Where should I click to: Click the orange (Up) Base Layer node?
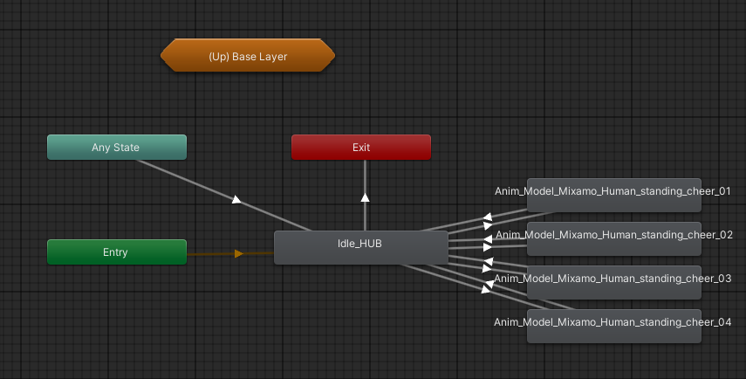pyautogui.click(x=248, y=57)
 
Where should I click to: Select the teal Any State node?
pyautogui.click(x=116, y=148)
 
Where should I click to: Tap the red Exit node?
pyautogui.click(x=360, y=148)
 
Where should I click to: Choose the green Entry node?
pyautogui.click(x=116, y=252)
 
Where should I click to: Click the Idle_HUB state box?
pyautogui.click(x=360, y=246)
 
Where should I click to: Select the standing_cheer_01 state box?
pyautogui.click(x=613, y=195)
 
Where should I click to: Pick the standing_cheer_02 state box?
pyautogui.click(x=613, y=238)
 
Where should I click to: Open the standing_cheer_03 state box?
pyautogui.click(x=613, y=280)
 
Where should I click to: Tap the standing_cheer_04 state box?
pyautogui.click(x=613, y=325)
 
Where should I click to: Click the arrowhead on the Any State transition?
pyautogui.click(x=236, y=200)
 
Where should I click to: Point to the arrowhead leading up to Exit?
pyautogui.click(x=365, y=196)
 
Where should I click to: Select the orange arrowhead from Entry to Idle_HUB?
pyautogui.click(x=238, y=254)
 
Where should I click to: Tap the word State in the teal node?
pyautogui.click(x=127, y=148)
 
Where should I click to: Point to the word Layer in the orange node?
pyautogui.click(x=271, y=57)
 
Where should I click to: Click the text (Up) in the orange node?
pyautogui.click(x=218, y=57)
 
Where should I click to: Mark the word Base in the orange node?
pyautogui.click(x=243, y=57)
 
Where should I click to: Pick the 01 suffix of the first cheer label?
pyautogui.click(x=723, y=190)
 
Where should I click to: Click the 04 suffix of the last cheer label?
pyautogui.click(x=723, y=321)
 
